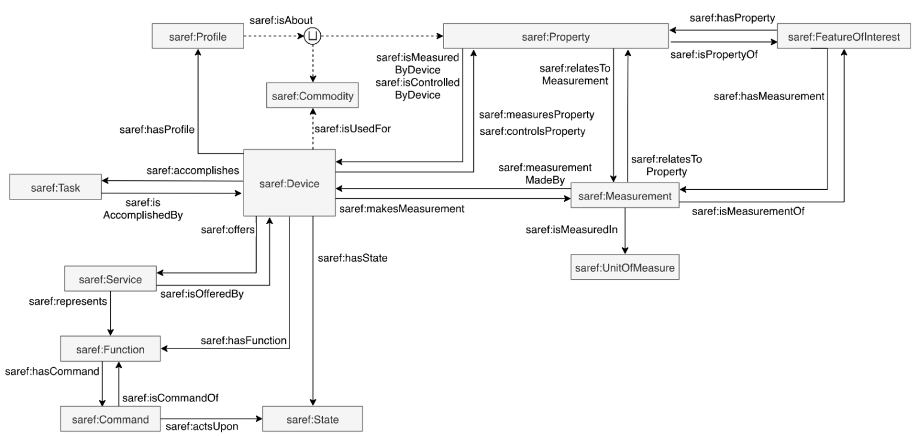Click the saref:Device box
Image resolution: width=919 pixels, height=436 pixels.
pos(290,183)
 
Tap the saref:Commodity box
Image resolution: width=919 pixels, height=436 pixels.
pos(313,95)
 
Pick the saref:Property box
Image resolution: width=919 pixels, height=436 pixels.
pos(555,38)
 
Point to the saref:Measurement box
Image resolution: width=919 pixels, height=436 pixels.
pos(625,196)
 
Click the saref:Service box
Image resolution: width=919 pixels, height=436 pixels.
pos(111,279)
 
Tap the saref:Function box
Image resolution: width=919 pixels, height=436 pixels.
pos(111,349)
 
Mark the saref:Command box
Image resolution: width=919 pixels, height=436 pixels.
pos(111,419)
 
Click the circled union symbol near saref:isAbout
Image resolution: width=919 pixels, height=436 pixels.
pos(312,38)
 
